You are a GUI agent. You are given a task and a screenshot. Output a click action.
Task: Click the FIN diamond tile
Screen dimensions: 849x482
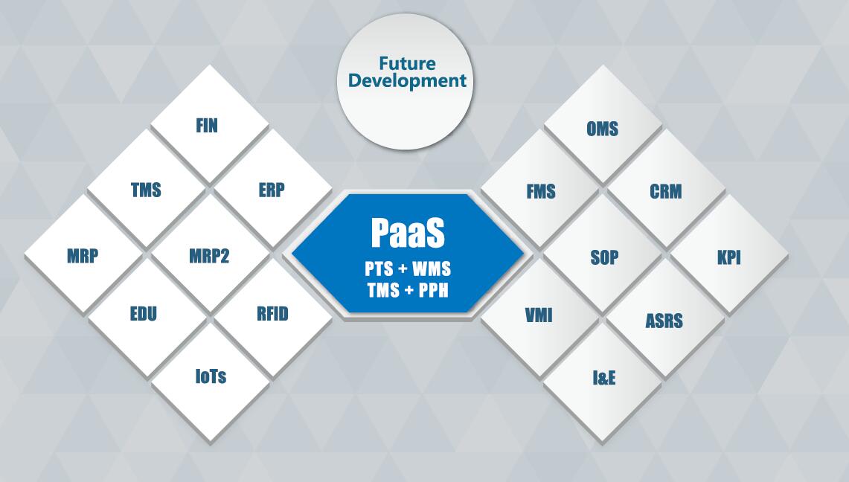pos(210,124)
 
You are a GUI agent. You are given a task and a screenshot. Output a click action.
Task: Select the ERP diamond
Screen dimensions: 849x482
pos(273,189)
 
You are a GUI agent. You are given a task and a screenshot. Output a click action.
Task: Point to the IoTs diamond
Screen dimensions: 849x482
pos(210,382)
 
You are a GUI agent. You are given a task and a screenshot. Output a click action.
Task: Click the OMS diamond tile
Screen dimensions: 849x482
pos(603,124)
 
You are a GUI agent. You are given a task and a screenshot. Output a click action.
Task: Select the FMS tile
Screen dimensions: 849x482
pos(539,189)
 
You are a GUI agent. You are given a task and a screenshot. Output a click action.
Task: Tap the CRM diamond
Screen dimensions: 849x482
pos(666,189)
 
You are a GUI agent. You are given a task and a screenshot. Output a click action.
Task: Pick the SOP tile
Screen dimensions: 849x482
pos(603,254)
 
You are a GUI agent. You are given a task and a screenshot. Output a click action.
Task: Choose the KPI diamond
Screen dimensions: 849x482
pos(729,254)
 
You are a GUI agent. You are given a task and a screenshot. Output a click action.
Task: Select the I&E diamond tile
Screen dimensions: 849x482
pos(603,382)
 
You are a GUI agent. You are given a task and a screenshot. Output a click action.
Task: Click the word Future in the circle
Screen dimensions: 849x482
pos(407,63)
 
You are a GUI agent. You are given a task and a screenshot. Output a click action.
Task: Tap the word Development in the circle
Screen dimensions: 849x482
pos(407,81)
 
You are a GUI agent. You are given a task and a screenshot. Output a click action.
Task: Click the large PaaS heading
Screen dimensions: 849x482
pos(408,233)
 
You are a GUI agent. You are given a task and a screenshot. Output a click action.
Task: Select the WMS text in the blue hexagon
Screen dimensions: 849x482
pos(432,269)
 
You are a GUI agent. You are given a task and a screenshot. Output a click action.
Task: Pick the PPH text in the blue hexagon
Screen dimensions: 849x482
pos(434,291)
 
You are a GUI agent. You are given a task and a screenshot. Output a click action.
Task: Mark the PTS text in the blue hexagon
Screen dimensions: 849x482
pos(379,269)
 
